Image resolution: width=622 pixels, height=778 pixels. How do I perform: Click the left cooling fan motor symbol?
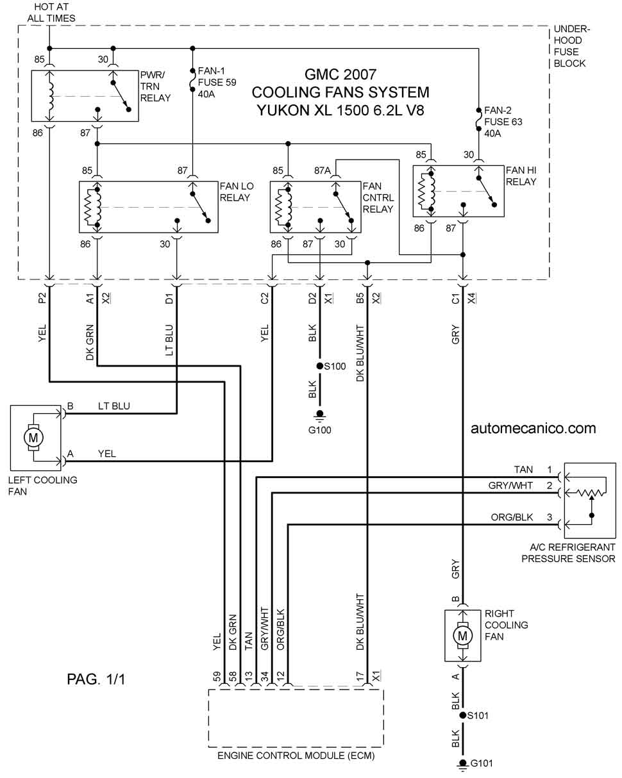pyautogui.click(x=33, y=438)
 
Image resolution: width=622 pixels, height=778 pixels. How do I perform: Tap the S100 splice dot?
pyautogui.click(x=319, y=366)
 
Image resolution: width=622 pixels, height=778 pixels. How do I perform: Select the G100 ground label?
pyautogui.click(x=319, y=430)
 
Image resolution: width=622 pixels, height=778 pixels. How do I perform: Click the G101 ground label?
pyautogui.click(x=481, y=763)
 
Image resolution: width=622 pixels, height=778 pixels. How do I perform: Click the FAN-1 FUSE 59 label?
pyautogui.click(x=217, y=82)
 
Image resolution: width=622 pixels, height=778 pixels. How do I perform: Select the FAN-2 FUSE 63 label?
pyautogui.click(x=503, y=122)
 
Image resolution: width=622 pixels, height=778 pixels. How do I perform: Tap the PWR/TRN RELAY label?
pyautogui.click(x=155, y=86)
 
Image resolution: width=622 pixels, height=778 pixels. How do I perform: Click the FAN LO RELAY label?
pyautogui.click(x=237, y=192)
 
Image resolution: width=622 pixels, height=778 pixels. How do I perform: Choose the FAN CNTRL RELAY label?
pyautogui.click(x=378, y=197)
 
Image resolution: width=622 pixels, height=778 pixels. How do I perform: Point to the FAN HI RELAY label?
pyautogui.click(x=521, y=176)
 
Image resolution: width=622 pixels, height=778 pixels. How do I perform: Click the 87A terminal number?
pyautogui.click(x=323, y=170)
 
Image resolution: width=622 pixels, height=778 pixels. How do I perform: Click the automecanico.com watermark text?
pyautogui.click(x=533, y=428)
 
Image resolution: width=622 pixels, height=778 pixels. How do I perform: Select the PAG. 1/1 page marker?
pyautogui.click(x=96, y=679)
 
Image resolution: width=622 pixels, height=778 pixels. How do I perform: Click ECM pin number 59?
pyautogui.click(x=217, y=676)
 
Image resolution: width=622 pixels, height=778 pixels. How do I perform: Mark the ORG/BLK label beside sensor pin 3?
pyautogui.click(x=512, y=517)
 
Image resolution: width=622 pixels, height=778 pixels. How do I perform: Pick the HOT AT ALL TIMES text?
pyautogui.click(x=51, y=12)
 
